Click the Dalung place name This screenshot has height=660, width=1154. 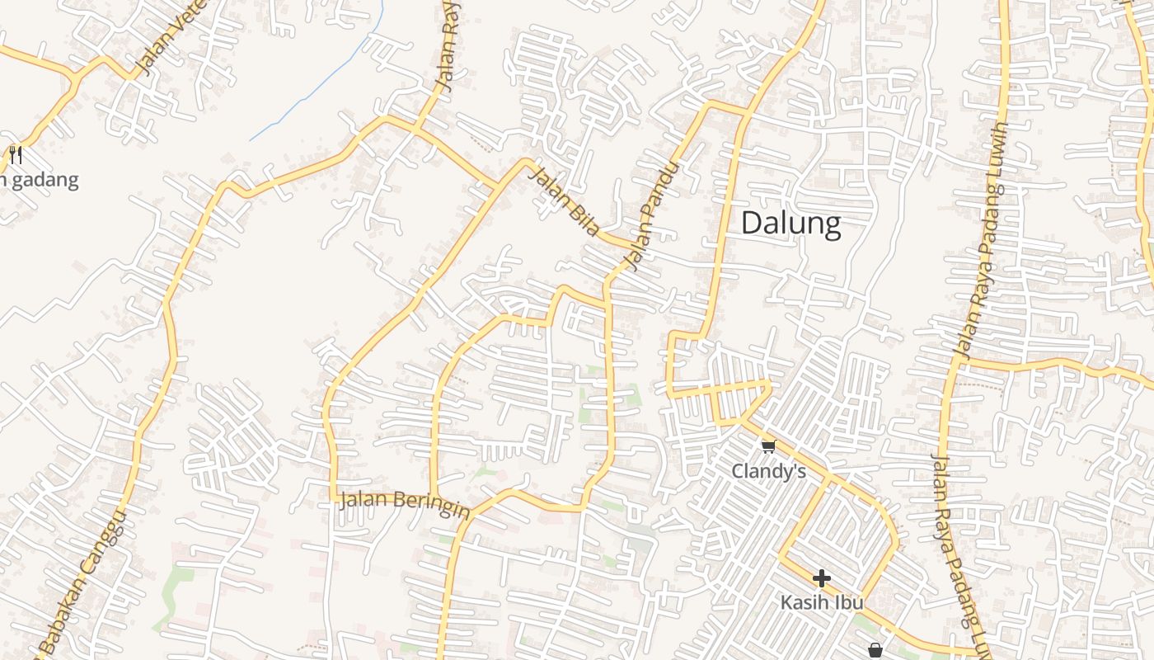790,224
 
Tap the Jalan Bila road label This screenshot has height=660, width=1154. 563,200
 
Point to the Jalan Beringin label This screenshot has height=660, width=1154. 404,502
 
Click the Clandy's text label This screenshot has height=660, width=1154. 768,471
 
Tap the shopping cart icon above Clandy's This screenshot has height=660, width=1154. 768,446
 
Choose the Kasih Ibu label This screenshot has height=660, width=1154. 821,602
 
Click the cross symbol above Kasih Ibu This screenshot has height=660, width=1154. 821,578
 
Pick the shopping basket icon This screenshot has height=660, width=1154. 875,650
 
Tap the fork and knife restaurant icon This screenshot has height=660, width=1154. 16,154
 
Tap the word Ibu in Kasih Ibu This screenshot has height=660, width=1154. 848,602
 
